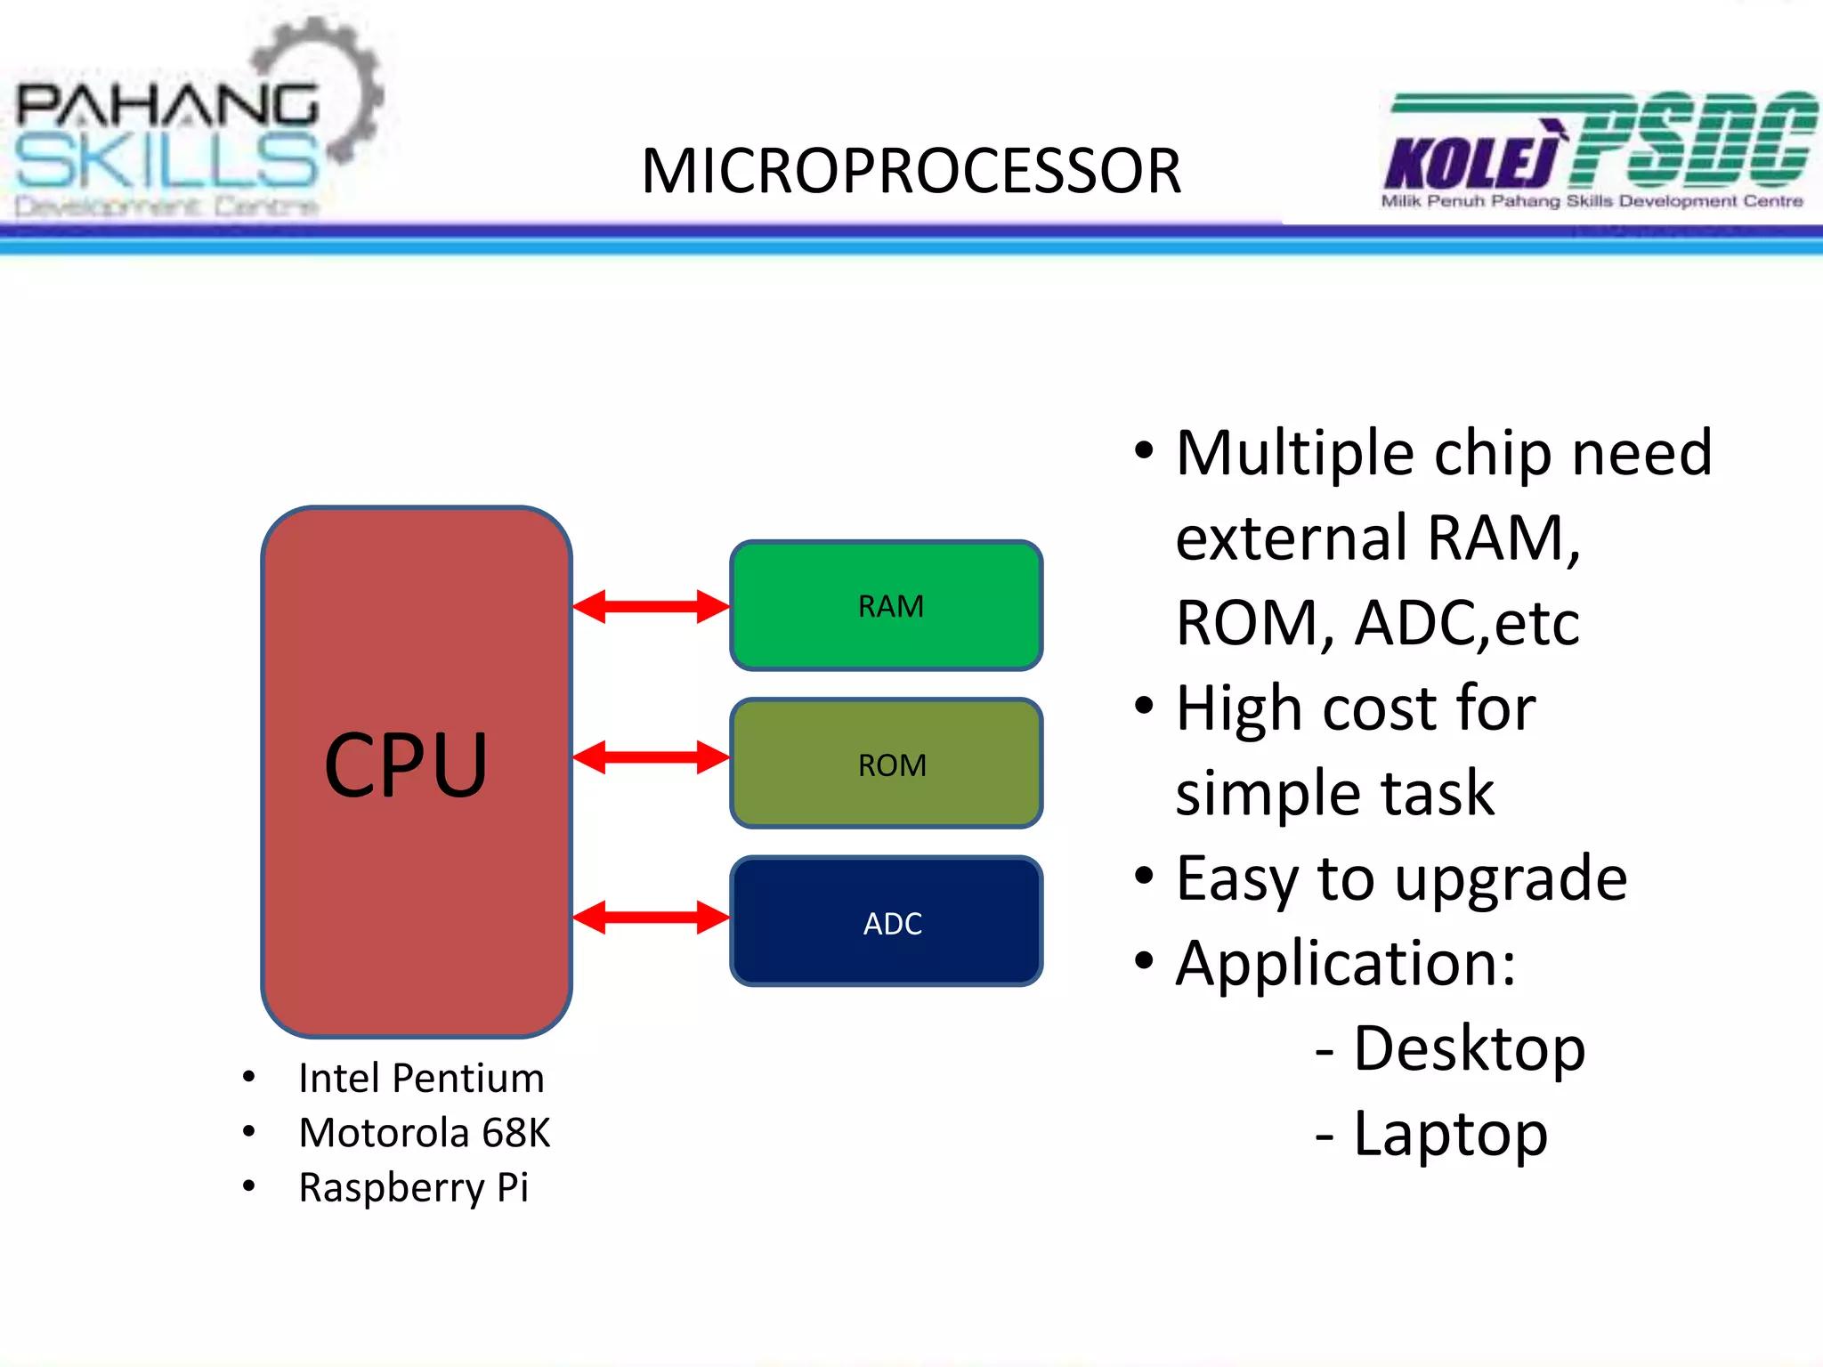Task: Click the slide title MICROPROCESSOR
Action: click(911, 171)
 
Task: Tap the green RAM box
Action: click(887, 605)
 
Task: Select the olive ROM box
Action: click(887, 764)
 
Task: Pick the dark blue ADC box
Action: click(887, 922)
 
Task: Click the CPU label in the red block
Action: click(406, 765)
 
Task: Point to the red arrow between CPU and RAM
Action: click(651, 607)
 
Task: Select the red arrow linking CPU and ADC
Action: click(651, 918)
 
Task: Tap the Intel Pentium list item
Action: click(421, 1079)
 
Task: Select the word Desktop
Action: click(1469, 1048)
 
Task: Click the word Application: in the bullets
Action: click(1345, 964)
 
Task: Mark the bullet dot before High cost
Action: click(1145, 707)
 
